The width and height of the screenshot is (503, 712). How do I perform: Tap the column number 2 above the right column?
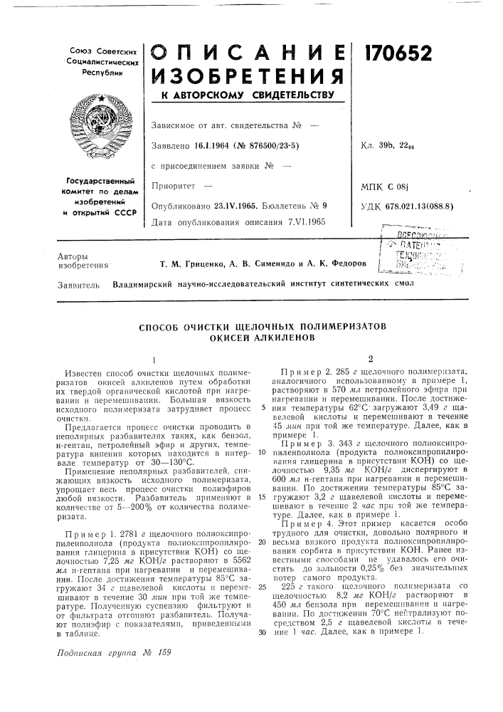[371, 359]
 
